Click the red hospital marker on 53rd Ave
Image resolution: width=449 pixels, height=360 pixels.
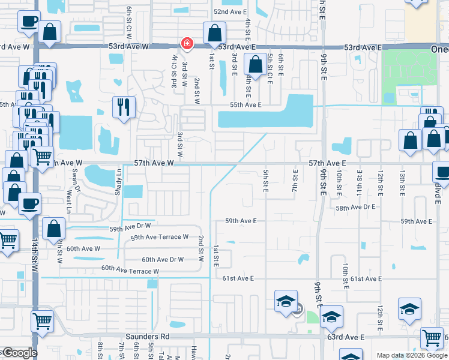coord(187,43)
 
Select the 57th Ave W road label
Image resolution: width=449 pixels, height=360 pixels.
coord(154,163)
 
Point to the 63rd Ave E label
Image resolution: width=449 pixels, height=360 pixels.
coord(343,337)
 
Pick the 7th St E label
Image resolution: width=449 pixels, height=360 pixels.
coord(295,179)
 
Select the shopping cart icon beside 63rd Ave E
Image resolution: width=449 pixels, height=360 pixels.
coord(431,338)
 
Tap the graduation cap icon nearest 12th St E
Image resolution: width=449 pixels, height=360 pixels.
coord(409,308)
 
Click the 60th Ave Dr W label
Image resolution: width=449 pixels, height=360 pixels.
coord(163,260)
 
